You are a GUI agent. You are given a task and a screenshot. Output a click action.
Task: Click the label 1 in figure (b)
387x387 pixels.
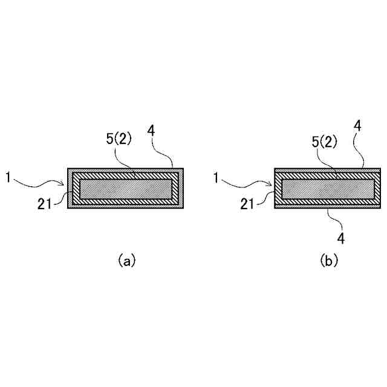(216, 177)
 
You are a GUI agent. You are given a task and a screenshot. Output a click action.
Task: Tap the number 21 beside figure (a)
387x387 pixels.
(45, 204)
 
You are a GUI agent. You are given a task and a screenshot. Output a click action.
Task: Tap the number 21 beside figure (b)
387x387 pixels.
(247, 204)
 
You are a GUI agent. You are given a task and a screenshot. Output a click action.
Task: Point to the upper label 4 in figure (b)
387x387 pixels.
(358, 126)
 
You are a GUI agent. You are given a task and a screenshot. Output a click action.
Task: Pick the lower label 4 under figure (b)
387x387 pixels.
(341, 239)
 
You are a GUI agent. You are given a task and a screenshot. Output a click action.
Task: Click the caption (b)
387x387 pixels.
(329, 261)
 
